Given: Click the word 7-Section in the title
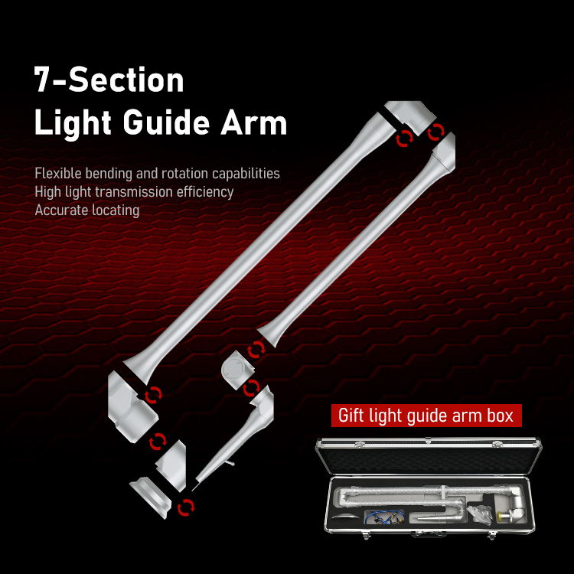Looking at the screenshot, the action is click(109, 80).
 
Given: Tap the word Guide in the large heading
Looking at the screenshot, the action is click(166, 122).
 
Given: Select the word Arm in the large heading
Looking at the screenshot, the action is click(253, 122).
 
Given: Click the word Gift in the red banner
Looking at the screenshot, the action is click(351, 415).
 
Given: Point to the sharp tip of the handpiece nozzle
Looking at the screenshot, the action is click(193, 490).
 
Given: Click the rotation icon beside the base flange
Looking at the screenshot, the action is click(186, 507).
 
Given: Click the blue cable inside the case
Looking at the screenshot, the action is click(384, 517).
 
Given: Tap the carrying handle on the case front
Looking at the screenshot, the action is click(429, 534).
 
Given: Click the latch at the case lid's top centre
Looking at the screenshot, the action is click(429, 439).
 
